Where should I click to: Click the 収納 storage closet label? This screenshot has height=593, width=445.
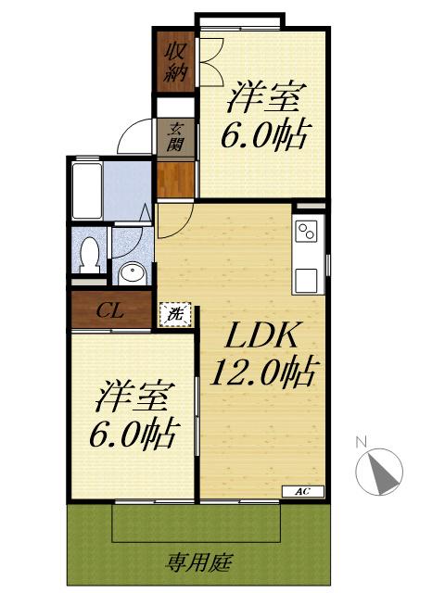coord(174,62)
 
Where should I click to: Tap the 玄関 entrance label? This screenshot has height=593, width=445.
coord(175,137)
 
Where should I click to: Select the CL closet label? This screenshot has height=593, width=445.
coord(109,311)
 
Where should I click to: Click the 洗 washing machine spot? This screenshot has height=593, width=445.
coord(175,314)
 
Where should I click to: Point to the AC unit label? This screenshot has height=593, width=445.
coord(303,491)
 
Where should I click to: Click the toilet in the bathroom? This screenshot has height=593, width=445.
coord(90,255)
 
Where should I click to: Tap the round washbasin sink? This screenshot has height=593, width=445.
coord(132,274)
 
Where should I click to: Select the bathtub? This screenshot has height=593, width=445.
coord(87,191)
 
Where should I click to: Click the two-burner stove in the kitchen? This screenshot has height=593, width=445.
coord(307,232)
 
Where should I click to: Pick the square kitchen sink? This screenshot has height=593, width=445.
coord(307,281)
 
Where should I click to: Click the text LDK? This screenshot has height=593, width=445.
coord(261,335)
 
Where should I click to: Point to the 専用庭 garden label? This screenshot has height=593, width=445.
coord(199,562)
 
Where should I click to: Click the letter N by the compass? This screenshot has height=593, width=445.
coord(362,442)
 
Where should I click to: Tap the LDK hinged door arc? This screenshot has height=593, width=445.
coord(181,227)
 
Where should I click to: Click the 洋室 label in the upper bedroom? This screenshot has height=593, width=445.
coord(266,97)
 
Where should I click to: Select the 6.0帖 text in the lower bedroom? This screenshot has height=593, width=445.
coord(133,434)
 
